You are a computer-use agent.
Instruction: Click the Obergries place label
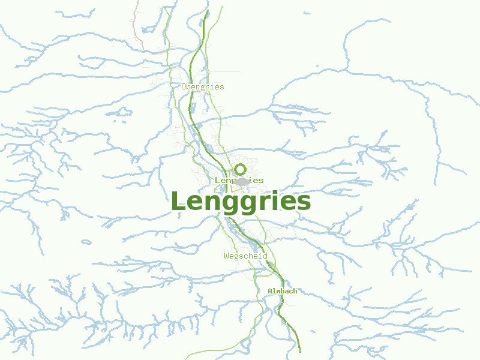pyautogui.click(x=203, y=87)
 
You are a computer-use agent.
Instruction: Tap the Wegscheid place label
pyautogui.click(x=245, y=256)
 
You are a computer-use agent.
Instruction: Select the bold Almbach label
pyautogui.click(x=282, y=291)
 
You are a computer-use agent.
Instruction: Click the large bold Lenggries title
pyautogui.click(x=241, y=202)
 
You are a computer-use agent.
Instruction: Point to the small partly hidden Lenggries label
pyautogui.click(x=239, y=181)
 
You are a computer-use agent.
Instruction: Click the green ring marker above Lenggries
pyautogui.click(x=241, y=169)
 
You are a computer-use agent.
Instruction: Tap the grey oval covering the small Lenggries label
pyautogui.click(x=242, y=181)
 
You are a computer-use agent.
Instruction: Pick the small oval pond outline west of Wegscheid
pyautogui.click(x=86, y=242)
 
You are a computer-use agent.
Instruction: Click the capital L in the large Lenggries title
pyautogui.click(x=179, y=200)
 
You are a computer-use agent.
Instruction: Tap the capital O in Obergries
pyautogui.click(x=184, y=87)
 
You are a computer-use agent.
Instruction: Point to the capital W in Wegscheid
pyautogui.click(x=226, y=256)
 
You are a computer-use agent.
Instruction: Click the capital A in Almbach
pyautogui.click(x=270, y=291)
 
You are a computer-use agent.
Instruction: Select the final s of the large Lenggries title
pyautogui.click(x=303, y=203)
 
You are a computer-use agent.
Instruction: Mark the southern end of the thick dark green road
pyautogui.click(x=299, y=352)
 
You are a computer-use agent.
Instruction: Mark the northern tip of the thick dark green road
pyautogui.click(x=208, y=11)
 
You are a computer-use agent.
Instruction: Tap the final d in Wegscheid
pyautogui.click(x=265, y=256)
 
